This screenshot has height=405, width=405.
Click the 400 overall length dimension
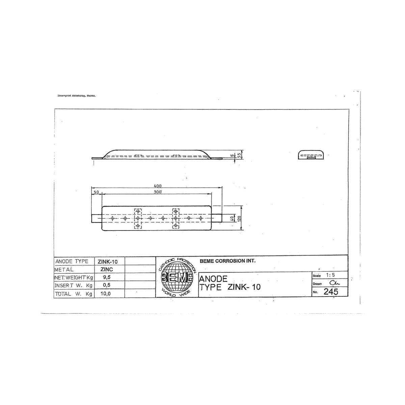point(157,186)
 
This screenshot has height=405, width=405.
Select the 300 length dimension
point(158,192)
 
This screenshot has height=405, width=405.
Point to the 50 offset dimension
point(96,192)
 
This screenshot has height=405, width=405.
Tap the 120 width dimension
point(239,219)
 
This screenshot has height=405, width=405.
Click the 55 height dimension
point(239,156)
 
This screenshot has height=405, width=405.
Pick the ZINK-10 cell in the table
point(108,262)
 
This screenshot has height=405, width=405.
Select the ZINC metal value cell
point(107,269)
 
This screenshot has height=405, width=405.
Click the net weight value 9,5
point(107,277)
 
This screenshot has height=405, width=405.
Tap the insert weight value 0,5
point(107,285)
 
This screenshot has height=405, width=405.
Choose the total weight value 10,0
point(106,294)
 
